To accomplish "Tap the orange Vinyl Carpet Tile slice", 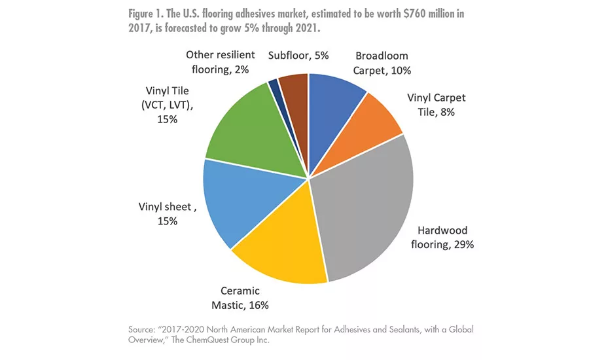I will (x=376, y=121).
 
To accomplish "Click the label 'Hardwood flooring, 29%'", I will (x=446, y=238).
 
